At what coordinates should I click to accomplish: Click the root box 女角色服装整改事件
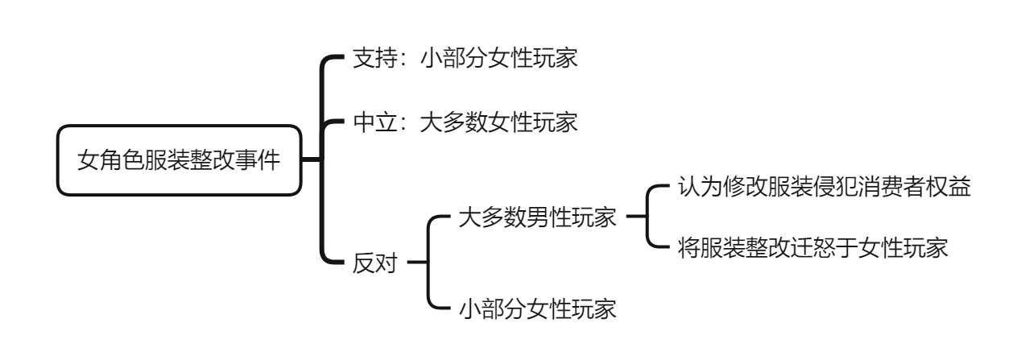178,159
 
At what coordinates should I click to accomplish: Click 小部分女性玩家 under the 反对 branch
537,308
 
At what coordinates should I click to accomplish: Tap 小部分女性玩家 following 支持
498,60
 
